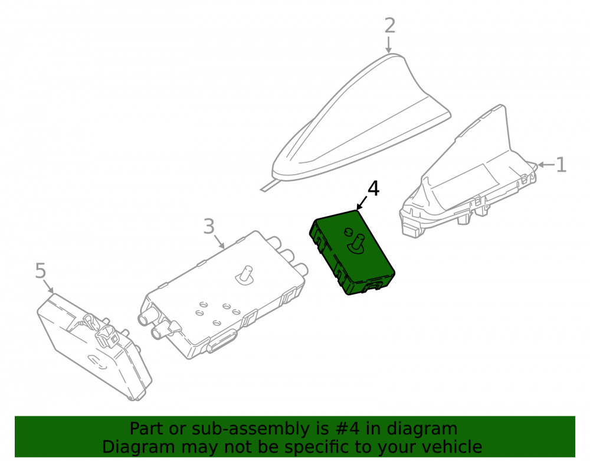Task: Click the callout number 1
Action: (x=561, y=165)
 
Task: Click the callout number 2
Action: (x=390, y=25)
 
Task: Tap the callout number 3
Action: (x=209, y=227)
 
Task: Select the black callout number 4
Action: (x=373, y=188)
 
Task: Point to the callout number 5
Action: (x=41, y=270)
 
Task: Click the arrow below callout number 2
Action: (x=389, y=44)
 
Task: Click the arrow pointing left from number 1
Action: (x=546, y=165)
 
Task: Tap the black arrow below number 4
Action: (x=362, y=202)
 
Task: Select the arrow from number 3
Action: (x=219, y=241)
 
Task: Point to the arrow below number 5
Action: (x=48, y=286)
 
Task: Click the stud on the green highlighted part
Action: (x=357, y=244)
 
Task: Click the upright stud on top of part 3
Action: (x=245, y=275)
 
